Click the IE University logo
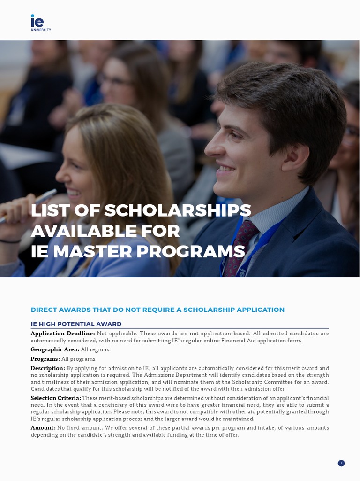pos(40,23)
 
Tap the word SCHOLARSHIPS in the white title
pos(177,210)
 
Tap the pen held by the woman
pos(29,205)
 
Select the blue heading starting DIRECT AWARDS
pos(157,310)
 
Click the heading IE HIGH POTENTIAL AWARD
pos(76,324)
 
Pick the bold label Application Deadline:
pos(63,334)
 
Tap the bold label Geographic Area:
pos(55,349)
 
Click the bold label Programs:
pos(45,359)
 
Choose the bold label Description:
pos(48,368)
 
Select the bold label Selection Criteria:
pos(56,398)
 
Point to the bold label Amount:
pos(43,428)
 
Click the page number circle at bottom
pos(341,463)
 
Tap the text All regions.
pos(96,349)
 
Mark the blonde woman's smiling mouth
pos(74,192)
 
